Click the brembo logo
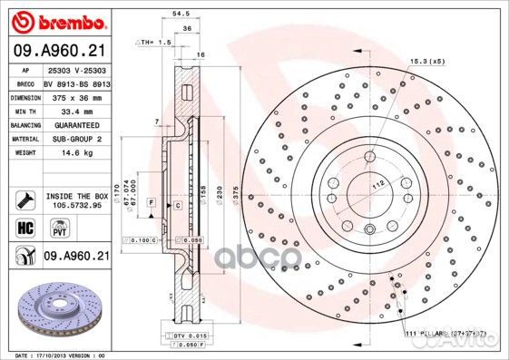pyautogui.click(x=60, y=20)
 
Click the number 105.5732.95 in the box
pyautogui.click(x=74, y=205)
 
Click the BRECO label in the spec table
pyautogui.click(x=26, y=83)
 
